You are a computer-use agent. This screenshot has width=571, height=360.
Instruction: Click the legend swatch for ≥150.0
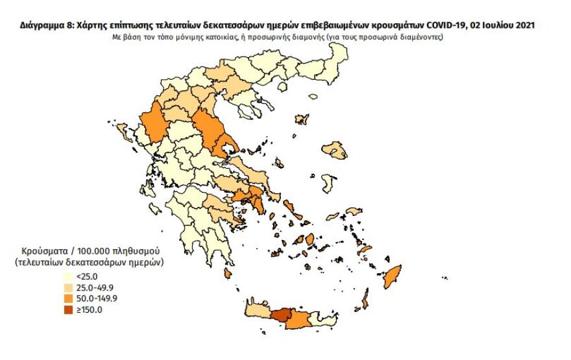(x=69, y=309)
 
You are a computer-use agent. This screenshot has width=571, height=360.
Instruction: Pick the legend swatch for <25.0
(x=69, y=276)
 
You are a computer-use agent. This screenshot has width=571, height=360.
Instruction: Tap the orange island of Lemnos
(x=301, y=119)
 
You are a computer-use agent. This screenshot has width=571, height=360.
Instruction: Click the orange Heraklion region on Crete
(x=300, y=320)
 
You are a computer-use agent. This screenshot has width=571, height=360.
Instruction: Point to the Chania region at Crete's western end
(x=258, y=314)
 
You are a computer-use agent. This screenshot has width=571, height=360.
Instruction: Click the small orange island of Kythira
(x=227, y=274)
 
